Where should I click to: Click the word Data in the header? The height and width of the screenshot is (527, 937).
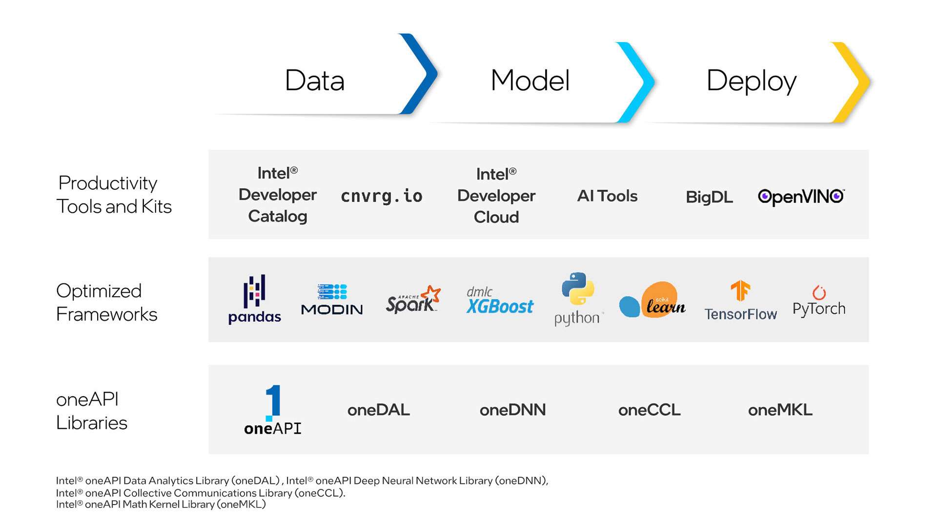click(x=315, y=81)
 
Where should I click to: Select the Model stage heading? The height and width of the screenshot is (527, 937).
click(x=530, y=81)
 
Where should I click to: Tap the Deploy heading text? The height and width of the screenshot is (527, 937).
click(x=751, y=81)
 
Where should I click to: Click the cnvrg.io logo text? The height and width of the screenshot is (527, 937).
click(x=382, y=196)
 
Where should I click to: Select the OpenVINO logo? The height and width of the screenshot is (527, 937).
click(x=801, y=196)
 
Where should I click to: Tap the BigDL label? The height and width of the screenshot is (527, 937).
click(x=709, y=197)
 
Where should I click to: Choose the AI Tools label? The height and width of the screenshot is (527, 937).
click(x=607, y=196)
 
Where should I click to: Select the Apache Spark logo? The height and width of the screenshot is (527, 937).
click(x=413, y=300)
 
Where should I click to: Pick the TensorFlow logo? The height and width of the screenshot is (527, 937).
click(x=740, y=301)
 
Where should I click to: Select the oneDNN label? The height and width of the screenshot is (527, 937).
click(x=512, y=410)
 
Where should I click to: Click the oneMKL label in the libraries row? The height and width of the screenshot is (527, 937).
click(x=780, y=410)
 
